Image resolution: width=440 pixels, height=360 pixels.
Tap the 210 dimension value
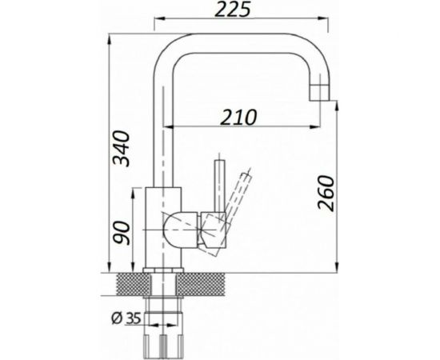tap(238, 118)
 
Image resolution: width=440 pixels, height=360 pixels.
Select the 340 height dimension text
tap(122, 148)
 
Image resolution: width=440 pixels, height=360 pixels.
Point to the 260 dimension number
tap(326, 193)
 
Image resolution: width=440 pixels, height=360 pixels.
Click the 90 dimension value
tap(122, 232)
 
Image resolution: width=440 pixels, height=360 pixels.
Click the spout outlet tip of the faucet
tap(320, 92)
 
